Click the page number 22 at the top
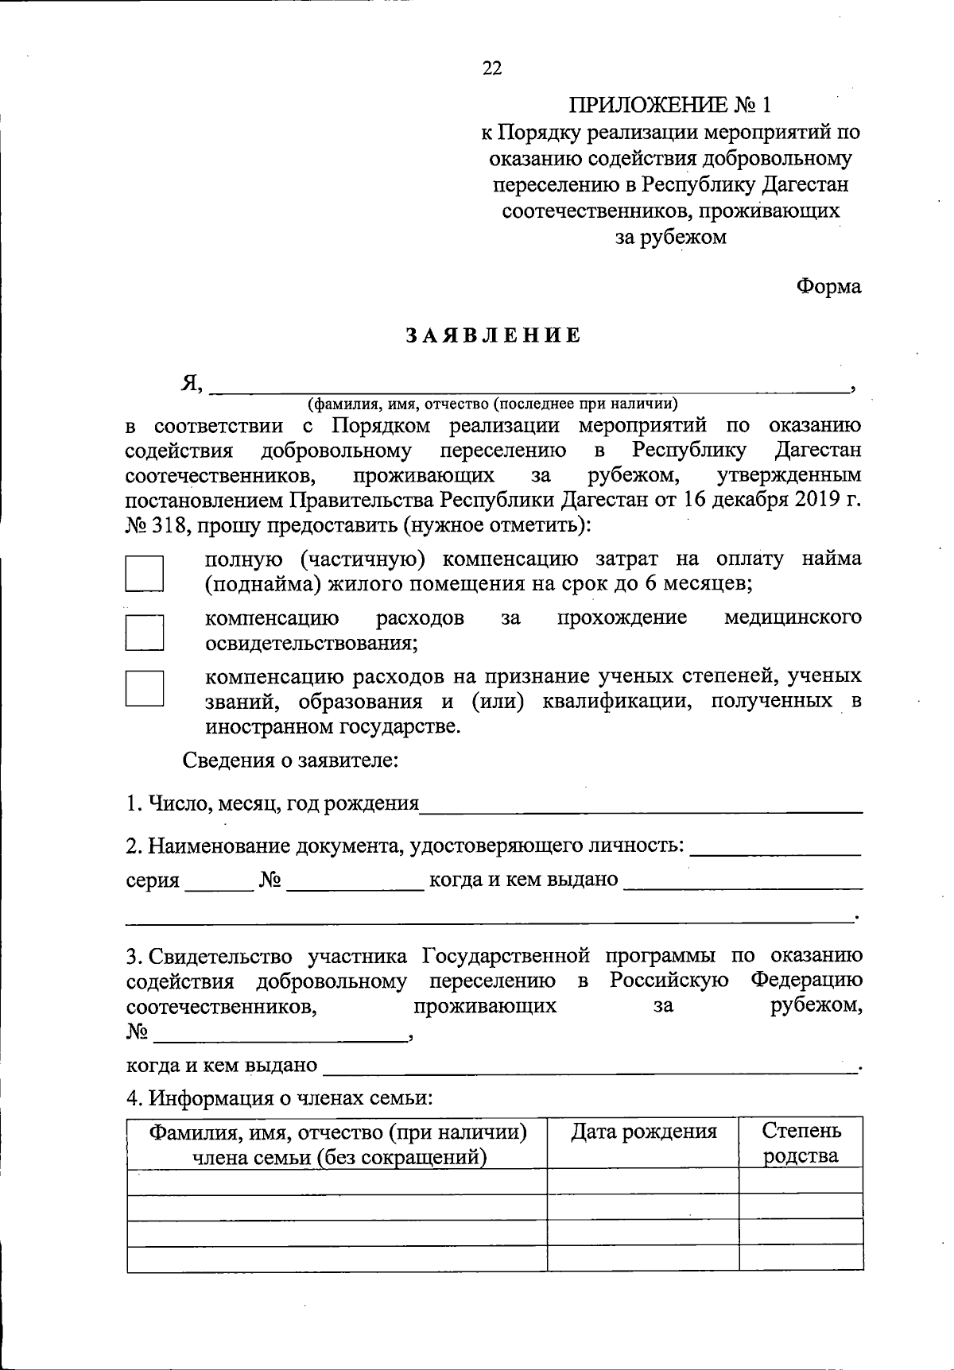click(x=492, y=68)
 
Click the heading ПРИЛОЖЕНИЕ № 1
click(x=669, y=105)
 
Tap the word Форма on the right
click(x=829, y=287)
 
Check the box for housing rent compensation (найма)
click(x=144, y=572)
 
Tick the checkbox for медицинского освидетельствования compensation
click(x=144, y=631)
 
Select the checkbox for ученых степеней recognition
click(x=144, y=688)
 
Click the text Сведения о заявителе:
click(x=290, y=760)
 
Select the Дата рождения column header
click(x=643, y=1132)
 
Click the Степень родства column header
click(x=801, y=1143)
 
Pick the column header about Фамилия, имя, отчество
click(x=337, y=1143)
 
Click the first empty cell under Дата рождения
click(x=643, y=1181)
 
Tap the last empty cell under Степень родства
click(x=801, y=1258)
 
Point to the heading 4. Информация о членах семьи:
click(x=279, y=1099)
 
